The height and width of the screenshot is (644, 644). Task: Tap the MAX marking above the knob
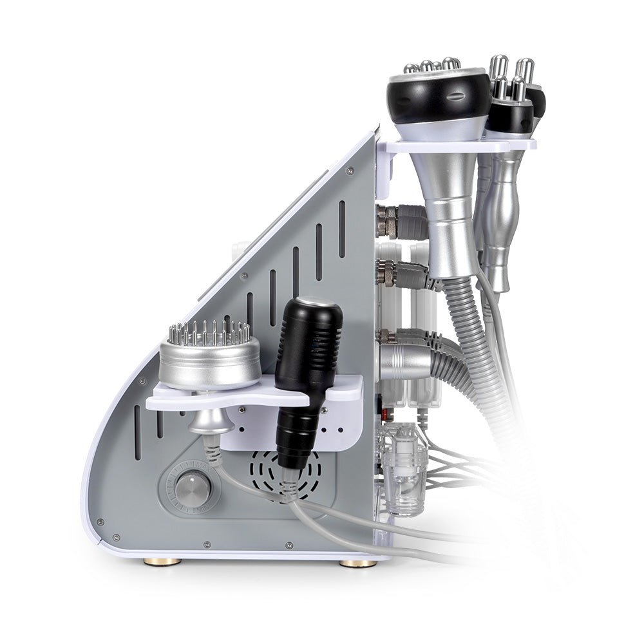click(193, 464)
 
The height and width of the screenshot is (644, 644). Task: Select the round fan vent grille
click(277, 474)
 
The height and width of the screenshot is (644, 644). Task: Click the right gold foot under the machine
click(358, 563)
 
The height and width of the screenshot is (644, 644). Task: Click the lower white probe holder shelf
click(258, 396)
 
